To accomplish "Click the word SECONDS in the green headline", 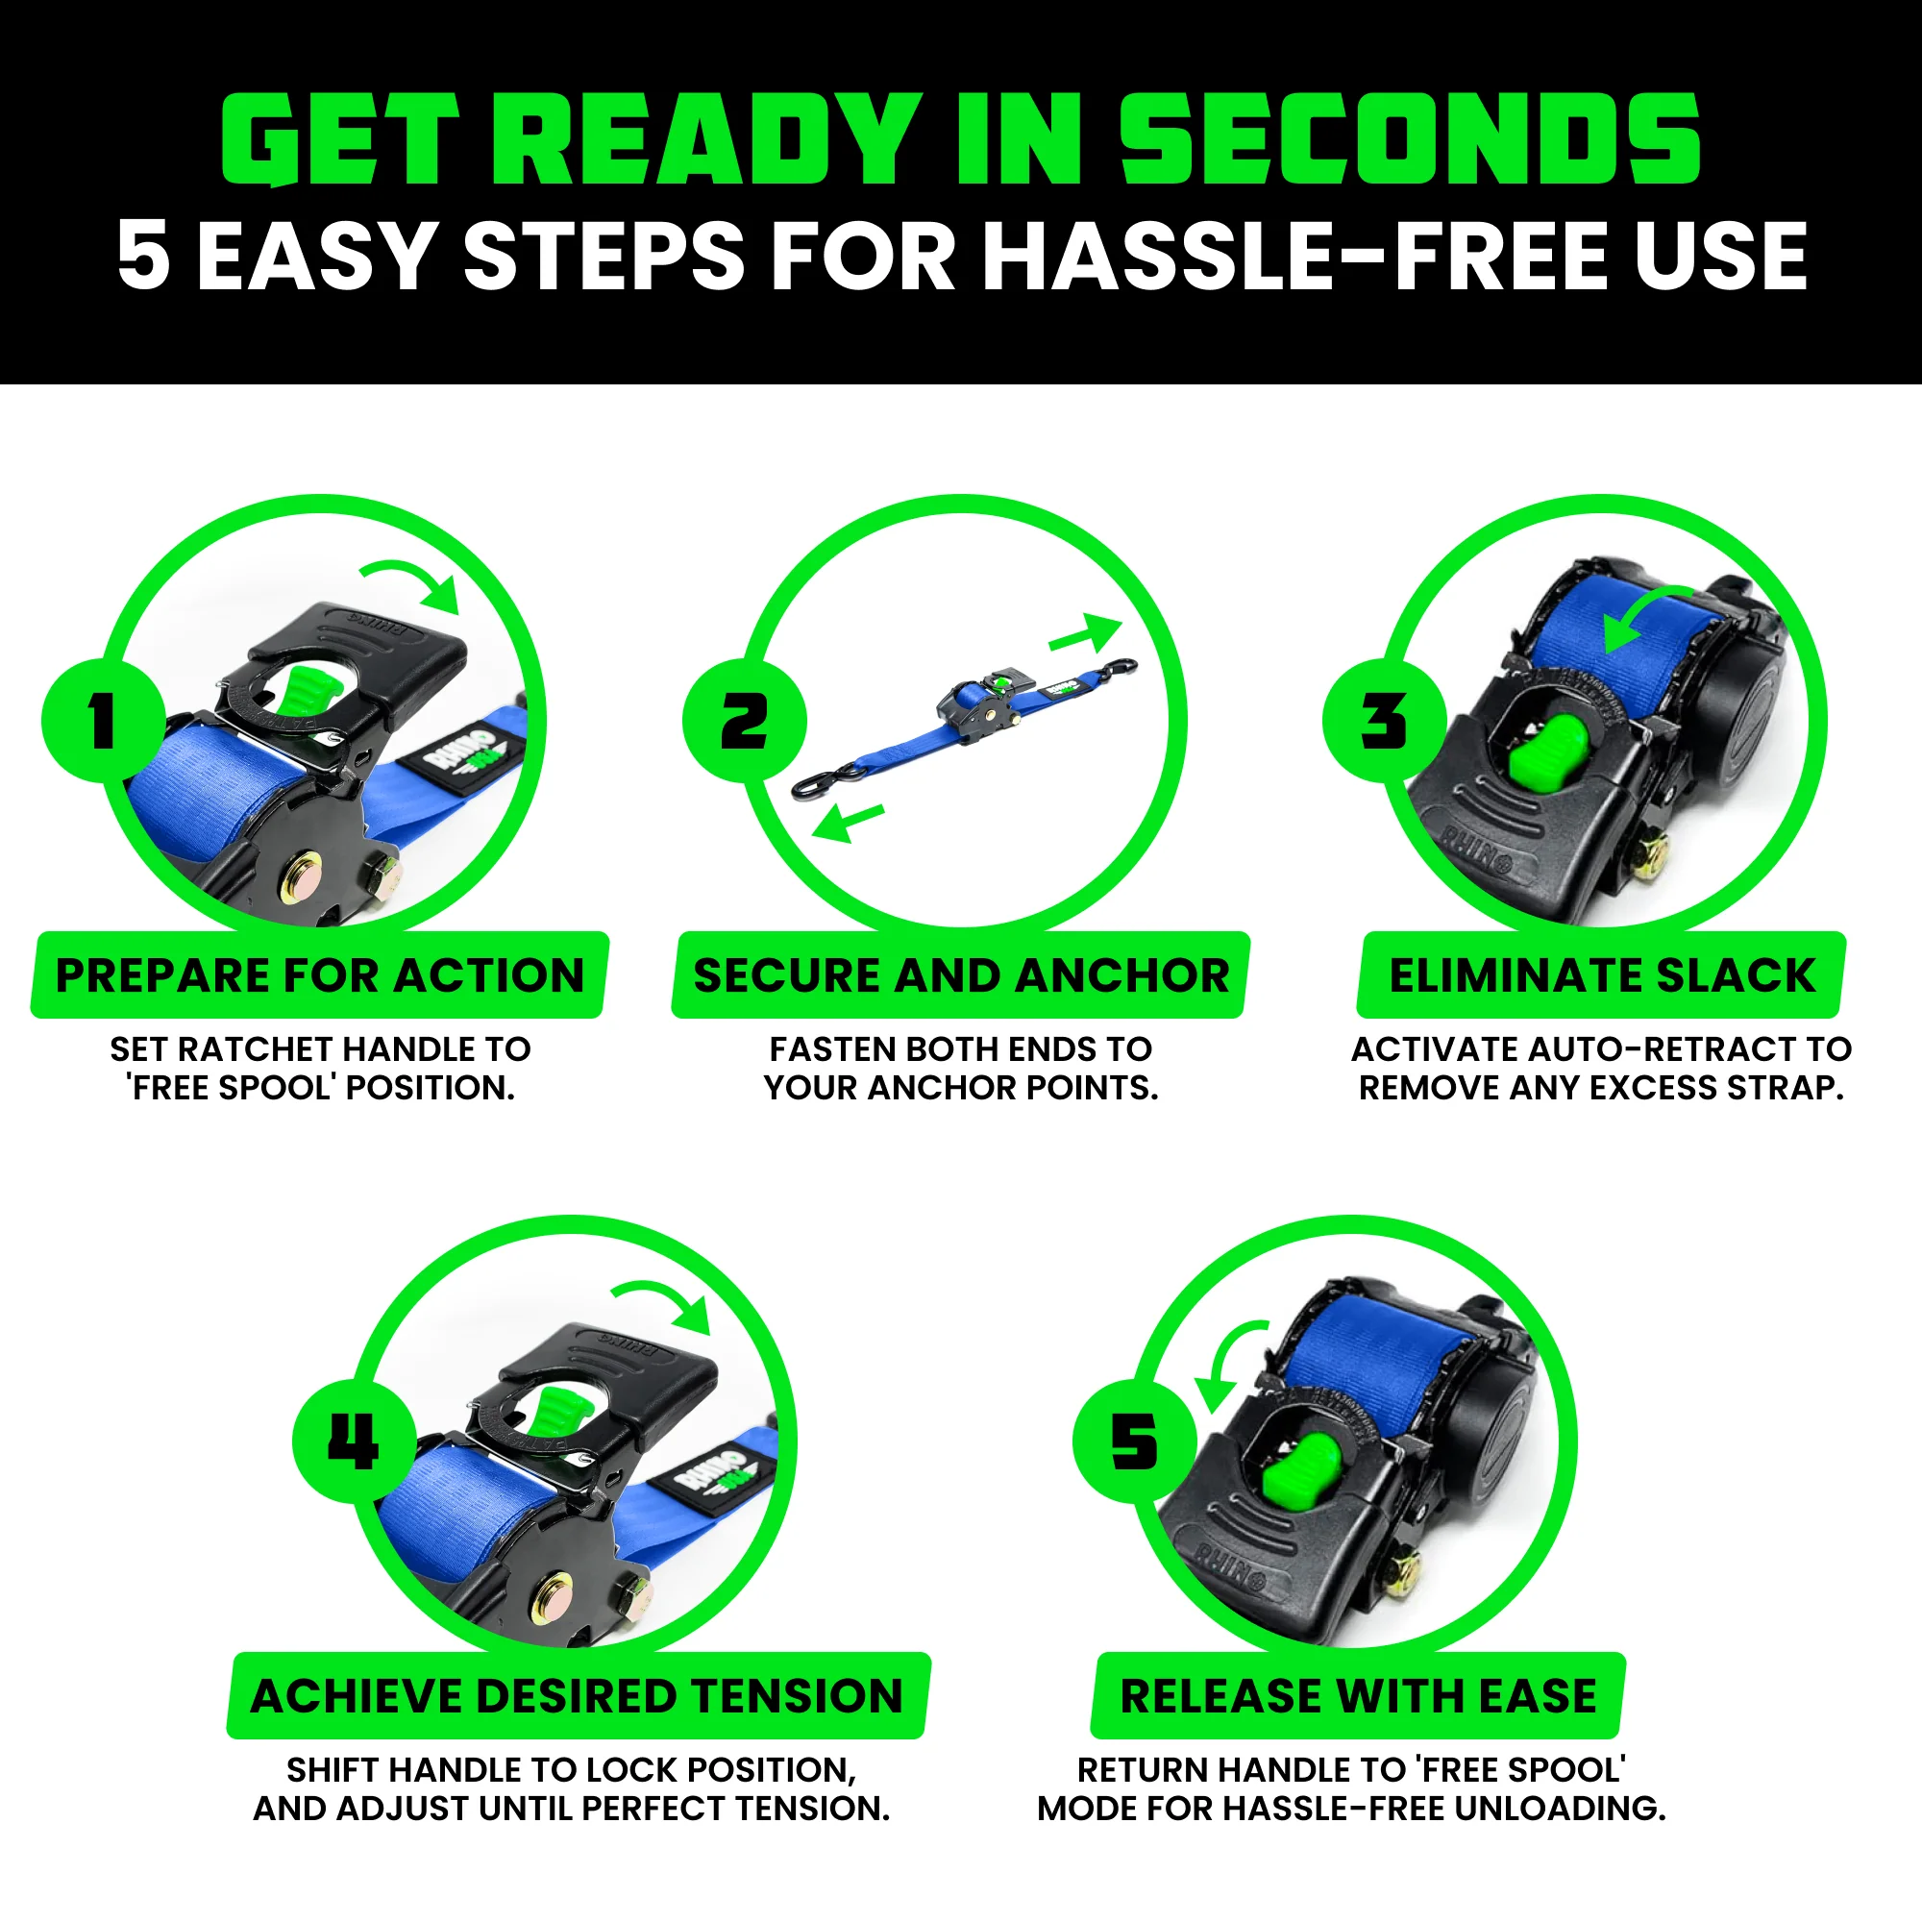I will point(1410,139).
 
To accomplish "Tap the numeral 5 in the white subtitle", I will point(142,256).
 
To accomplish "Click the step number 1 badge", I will point(104,720).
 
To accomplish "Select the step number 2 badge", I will point(744,720).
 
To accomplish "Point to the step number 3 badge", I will point(1384,720).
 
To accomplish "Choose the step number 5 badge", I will point(1134,1441).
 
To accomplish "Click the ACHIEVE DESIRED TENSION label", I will point(577,1696).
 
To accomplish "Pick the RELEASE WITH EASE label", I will point(1358,1696).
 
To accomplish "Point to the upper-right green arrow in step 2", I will point(1086,633).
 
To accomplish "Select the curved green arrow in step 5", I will point(1225,1363).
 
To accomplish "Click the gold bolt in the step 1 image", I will point(301,876).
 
